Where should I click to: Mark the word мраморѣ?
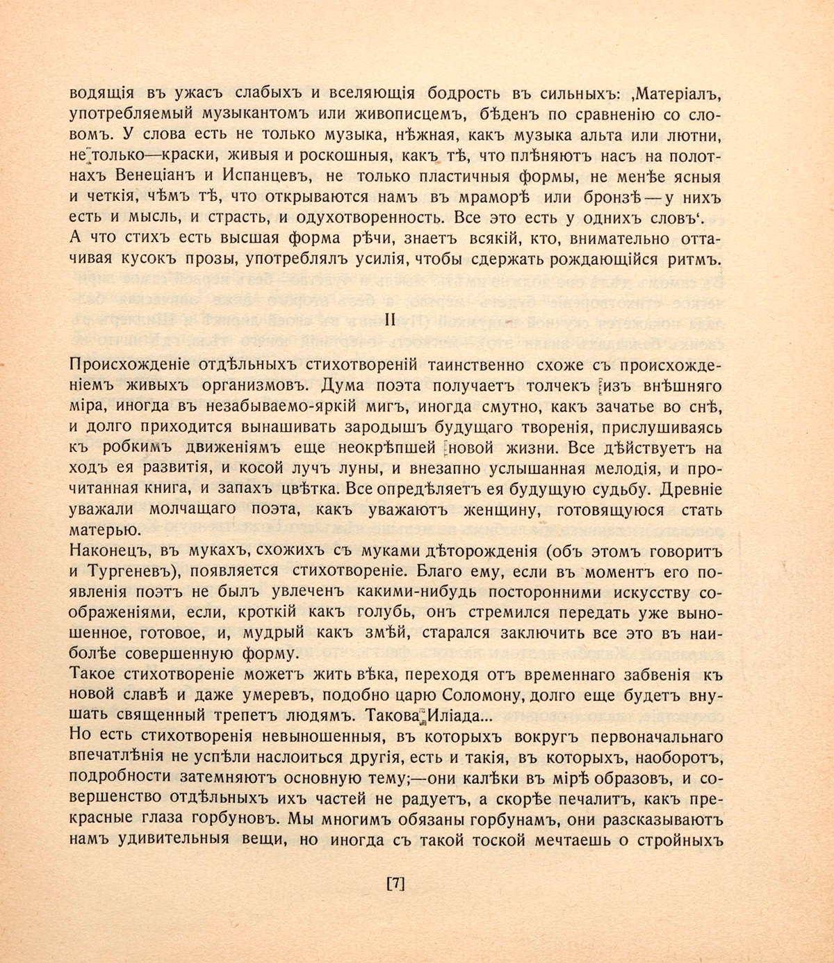tap(493, 197)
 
